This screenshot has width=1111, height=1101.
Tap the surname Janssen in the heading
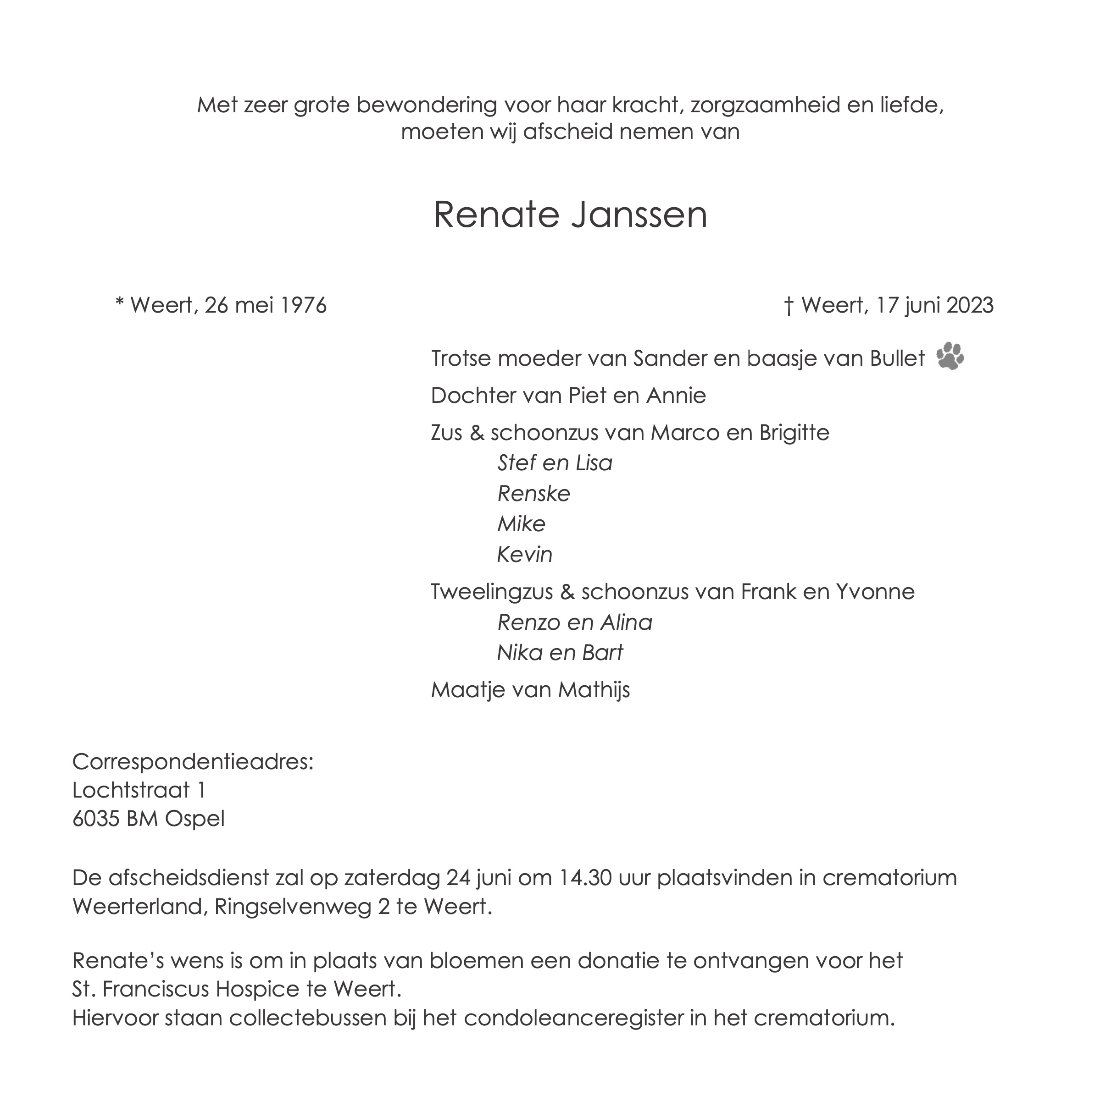[x=639, y=215]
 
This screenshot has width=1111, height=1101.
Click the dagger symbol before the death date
[x=789, y=305]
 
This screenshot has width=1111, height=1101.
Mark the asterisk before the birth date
[x=120, y=303]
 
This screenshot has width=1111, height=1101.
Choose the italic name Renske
[x=533, y=494]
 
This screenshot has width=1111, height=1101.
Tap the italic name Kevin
[x=524, y=555]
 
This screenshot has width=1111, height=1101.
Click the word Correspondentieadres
[x=193, y=763]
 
